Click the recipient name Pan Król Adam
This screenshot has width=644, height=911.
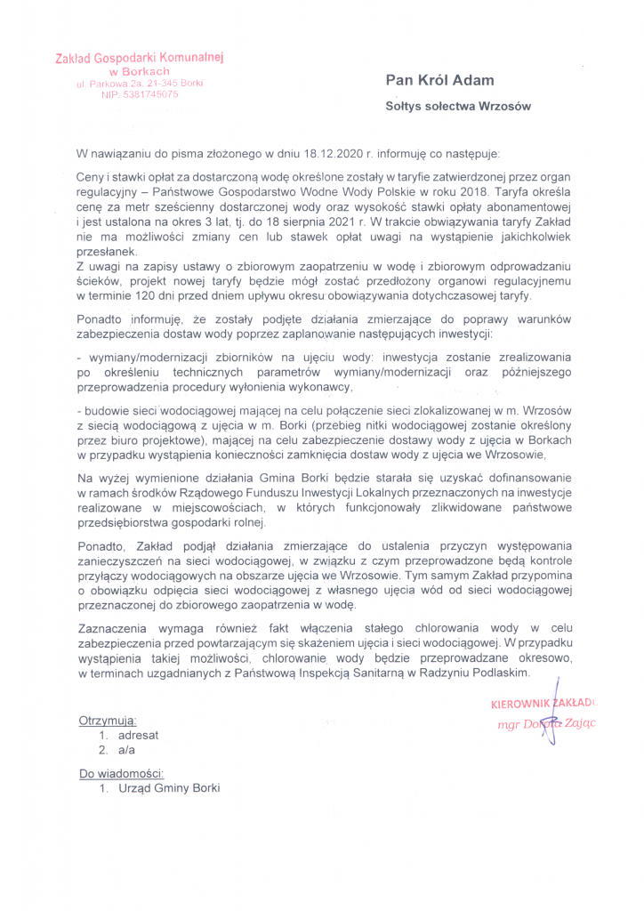tap(439, 80)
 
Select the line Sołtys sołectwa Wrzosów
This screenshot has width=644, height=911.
tap(458, 106)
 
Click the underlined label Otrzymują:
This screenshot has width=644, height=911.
tap(108, 720)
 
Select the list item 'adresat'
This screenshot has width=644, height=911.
tap(139, 735)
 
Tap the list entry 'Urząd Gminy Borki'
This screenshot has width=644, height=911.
tap(168, 788)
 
